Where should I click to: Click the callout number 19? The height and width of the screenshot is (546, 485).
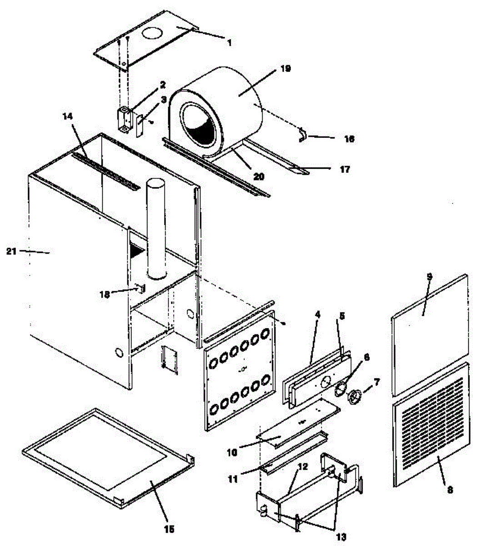click(285, 69)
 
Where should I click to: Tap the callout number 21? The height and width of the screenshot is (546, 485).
click(11, 251)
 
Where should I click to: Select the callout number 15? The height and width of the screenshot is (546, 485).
click(169, 529)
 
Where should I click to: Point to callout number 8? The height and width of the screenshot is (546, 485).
click(450, 490)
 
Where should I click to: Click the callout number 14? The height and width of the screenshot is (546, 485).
click(67, 116)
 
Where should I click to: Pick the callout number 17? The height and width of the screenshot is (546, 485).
click(345, 170)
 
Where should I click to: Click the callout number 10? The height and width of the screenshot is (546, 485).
click(232, 453)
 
